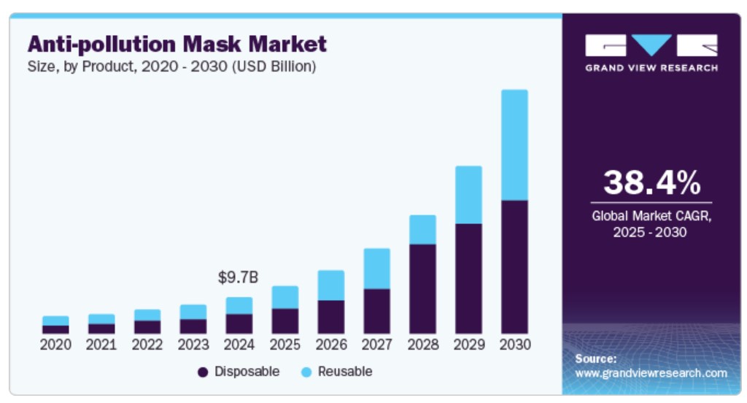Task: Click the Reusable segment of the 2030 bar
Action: [x=514, y=145]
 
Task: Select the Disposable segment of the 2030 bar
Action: [x=514, y=266]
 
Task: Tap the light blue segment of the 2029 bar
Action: [x=468, y=194]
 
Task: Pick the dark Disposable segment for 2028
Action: [x=422, y=288]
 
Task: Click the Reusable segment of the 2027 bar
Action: [x=376, y=268]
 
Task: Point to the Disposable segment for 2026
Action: [x=330, y=317]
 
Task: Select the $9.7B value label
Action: [x=239, y=277]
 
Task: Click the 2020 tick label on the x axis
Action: [x=55, y=344]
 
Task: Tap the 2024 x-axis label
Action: [x=239, y=344]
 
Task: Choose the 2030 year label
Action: [x=514, y=344]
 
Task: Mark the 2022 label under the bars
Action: [x=147, y=344]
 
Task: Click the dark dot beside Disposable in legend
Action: [x=203, y=372]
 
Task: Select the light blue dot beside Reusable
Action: [x=306, y=372]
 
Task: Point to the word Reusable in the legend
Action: [x=345, y=372]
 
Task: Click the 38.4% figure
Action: [x=651, y=183]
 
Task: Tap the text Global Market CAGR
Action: [x=651, y=216]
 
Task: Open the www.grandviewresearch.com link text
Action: [x=651, y=373]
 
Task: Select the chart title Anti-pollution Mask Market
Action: [x=177, y=45]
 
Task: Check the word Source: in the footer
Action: [x=595, y=358]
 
